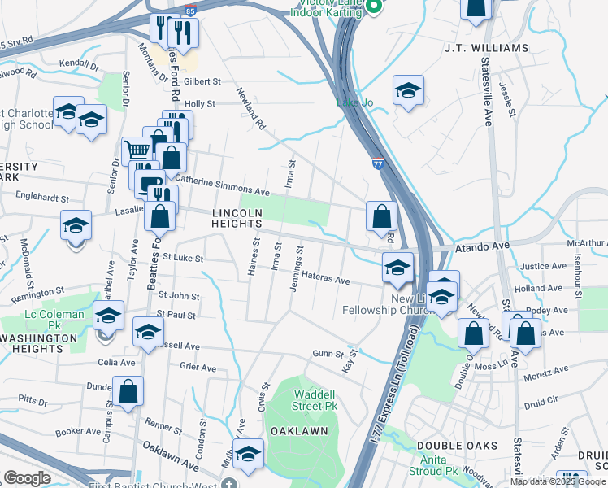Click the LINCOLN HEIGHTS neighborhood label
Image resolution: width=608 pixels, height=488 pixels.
coord(237,217)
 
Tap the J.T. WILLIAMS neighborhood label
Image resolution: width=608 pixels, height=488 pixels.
coord(486,48)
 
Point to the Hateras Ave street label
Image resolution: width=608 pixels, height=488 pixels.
coord(325,279)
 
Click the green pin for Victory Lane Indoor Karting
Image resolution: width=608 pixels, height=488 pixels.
coord(374,7)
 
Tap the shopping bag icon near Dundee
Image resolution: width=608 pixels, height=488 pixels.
coord(128,391)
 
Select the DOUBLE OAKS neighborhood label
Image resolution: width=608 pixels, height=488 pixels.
coord(449,446)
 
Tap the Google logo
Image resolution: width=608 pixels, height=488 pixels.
coord(27,477)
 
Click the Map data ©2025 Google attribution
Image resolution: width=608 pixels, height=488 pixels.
coord(558,481)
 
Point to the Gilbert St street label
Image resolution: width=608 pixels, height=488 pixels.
coord(202,81)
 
